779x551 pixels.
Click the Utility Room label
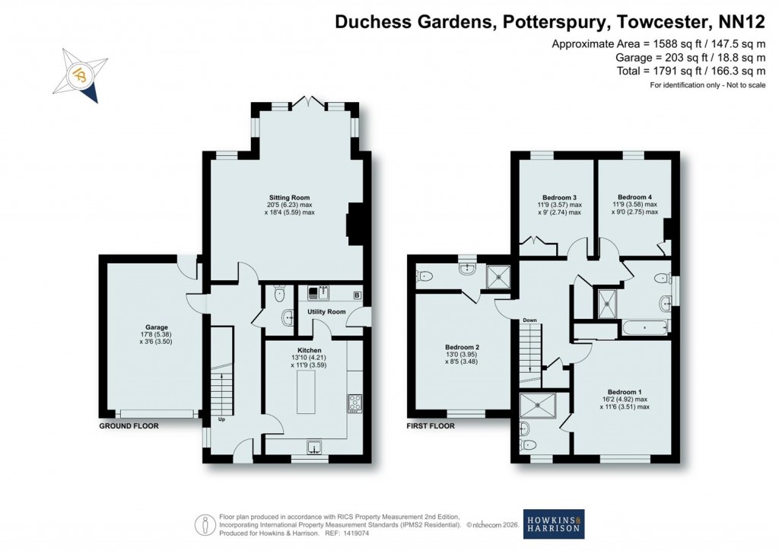[x=326, y=312]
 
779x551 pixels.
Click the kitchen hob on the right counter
[x=355, y=403]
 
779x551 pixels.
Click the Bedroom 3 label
[x=561, y=196]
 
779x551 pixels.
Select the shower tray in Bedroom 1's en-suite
[x=543, y=406]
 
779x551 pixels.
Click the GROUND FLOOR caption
[x=129, y=426]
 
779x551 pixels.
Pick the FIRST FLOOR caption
[x=431, y=426]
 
